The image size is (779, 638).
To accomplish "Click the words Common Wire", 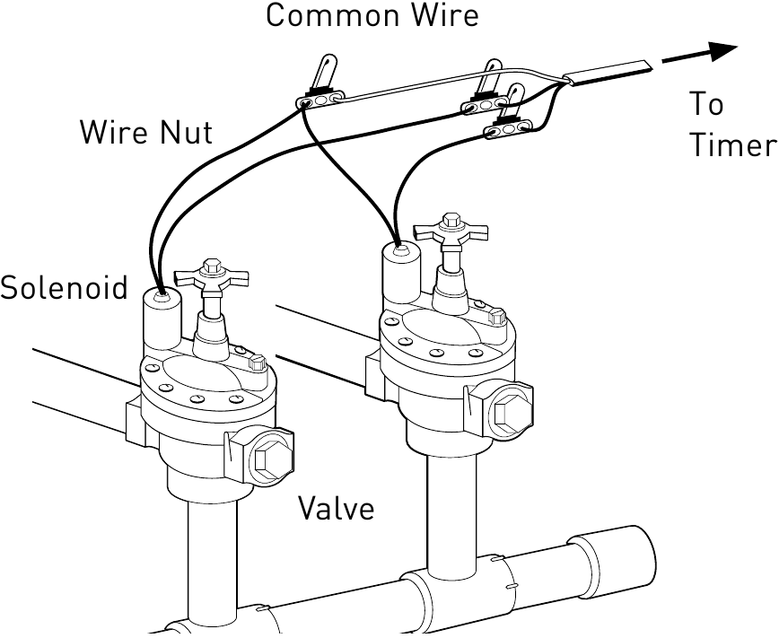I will (x=372, y=15).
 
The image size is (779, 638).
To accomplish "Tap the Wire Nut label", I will (x=146, y=133).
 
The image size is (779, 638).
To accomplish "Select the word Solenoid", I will (x=64, y=288).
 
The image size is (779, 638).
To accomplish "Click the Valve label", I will (x=336, y=509).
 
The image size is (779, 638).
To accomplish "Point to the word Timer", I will (x=731, y=146).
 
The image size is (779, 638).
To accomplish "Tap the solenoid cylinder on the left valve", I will (x=162, y=319).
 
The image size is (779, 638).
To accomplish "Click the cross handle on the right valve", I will (x=450, y=232).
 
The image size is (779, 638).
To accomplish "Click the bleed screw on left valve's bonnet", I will (x=258, y=363).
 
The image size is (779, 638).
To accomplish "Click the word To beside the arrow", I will (x=707, y=105).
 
